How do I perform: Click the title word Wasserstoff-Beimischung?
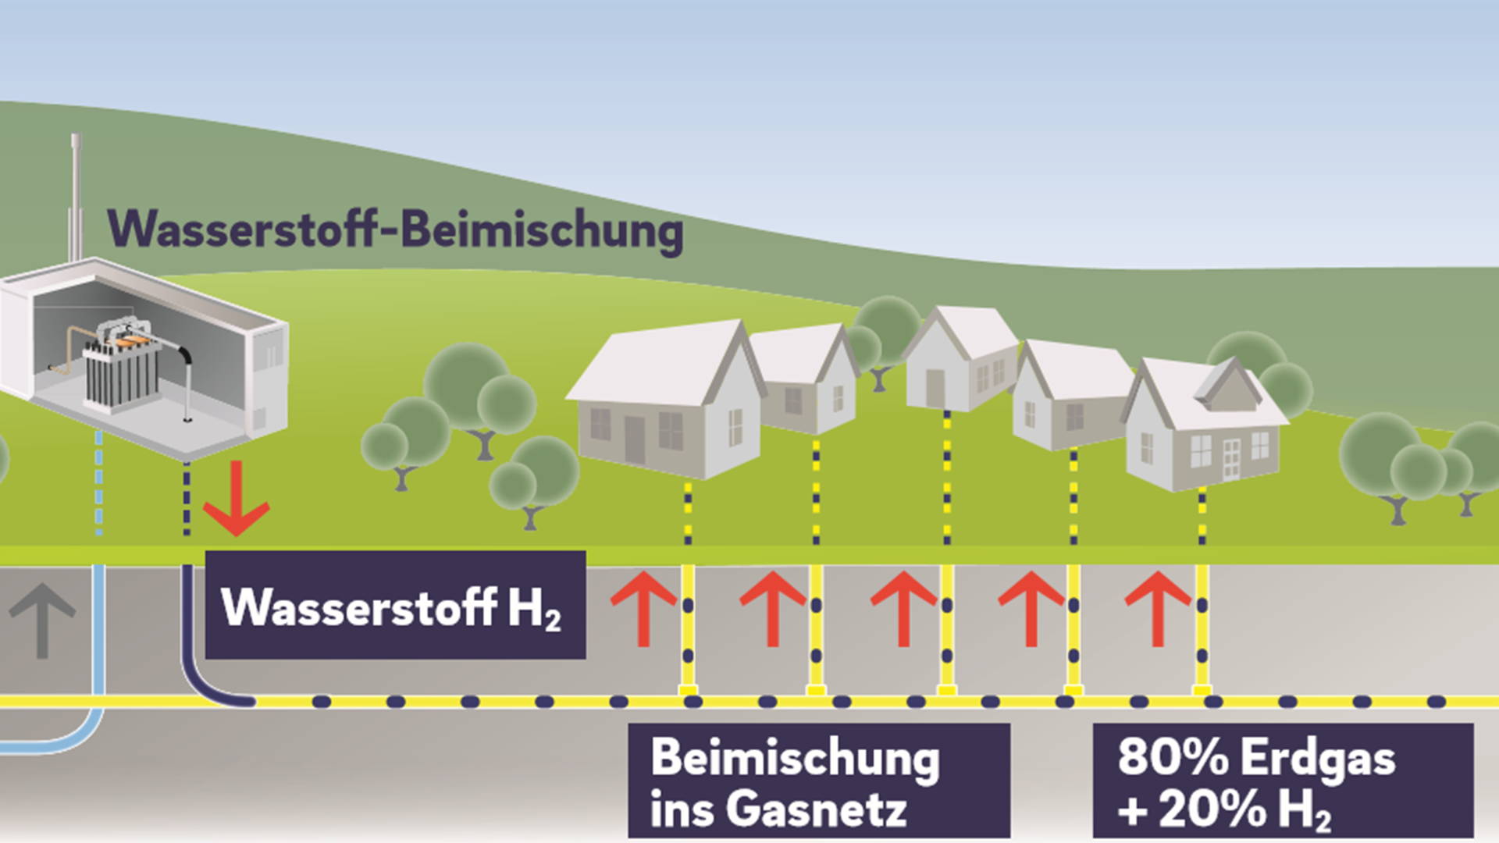tap(395, 229)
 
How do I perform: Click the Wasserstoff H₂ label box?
tap(395, 606)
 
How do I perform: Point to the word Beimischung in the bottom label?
tap(795, 758)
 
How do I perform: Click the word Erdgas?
tap(1319, 758)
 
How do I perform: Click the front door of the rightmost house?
tap(1231, 458)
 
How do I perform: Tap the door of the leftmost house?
tap(634, 440)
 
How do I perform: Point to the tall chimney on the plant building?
tap(76, 195)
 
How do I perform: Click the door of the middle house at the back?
tap(935, 387)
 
